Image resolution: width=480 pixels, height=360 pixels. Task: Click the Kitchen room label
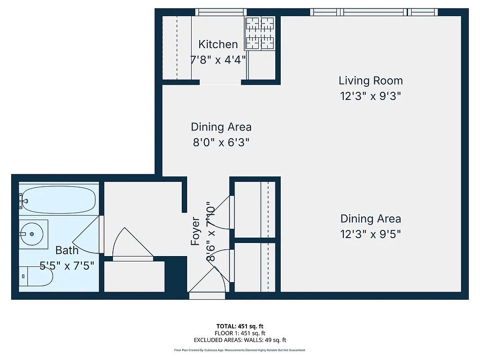(x=218, y=44)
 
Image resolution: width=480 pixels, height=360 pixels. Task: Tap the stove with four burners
(x=260, y=33)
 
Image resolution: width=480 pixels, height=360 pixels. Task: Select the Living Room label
(x=370, y=81)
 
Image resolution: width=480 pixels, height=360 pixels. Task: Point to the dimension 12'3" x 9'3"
(x=370, y=96)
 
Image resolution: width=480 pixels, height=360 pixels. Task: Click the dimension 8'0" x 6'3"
(x=221, y=143)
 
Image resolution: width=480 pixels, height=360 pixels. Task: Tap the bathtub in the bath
(x=58, y=200)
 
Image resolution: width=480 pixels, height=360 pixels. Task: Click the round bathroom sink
(x=32, y=234)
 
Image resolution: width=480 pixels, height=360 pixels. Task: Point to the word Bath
(x=67, y=250)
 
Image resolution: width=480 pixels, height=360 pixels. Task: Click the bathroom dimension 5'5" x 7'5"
(x=67, y=265)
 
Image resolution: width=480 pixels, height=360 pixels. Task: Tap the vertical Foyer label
(x=195, y=231)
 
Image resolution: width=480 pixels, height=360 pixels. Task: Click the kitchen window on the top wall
(x=221, y=12)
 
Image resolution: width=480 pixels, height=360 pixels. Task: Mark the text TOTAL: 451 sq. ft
(x=240, y=326)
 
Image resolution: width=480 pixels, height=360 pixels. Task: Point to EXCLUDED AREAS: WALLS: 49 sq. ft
(x=240, y=340)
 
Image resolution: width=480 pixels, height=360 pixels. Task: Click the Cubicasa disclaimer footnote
(x=240, y=350)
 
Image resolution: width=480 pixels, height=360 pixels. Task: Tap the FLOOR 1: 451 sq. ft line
(x=240, y=333)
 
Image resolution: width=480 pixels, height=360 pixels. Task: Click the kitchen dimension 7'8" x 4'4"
(x=218, y=59)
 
